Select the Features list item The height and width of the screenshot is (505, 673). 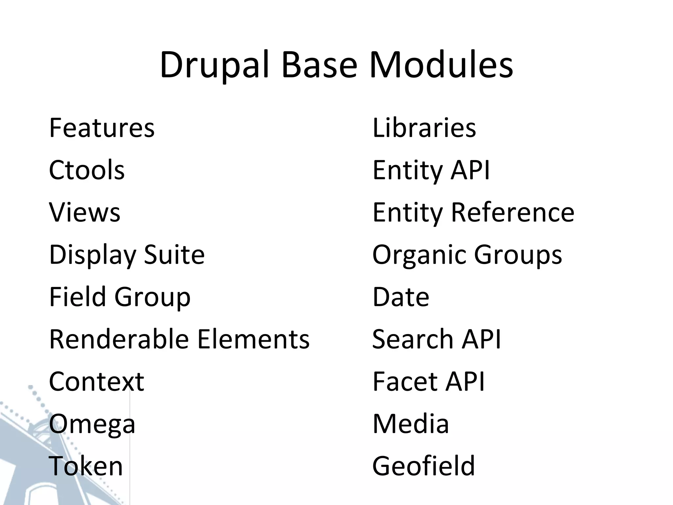[102, 128]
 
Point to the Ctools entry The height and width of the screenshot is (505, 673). [87, 170]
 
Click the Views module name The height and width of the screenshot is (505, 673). [85, 212]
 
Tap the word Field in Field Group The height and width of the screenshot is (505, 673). [77, 297]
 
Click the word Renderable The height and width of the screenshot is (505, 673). [119, 339]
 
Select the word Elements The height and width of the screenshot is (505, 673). [253, 339]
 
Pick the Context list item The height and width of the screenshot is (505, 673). [96, 381]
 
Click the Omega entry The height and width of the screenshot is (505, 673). [92, 424]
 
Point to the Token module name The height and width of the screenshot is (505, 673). [86, 466]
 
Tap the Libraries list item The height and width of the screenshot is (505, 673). [424, 128]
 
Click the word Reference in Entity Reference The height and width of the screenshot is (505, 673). [513, 212]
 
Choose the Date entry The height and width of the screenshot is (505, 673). [401, 297]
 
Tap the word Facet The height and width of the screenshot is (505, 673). [404, 381]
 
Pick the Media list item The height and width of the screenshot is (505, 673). [410, 424]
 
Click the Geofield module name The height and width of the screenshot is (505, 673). [424, 466]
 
